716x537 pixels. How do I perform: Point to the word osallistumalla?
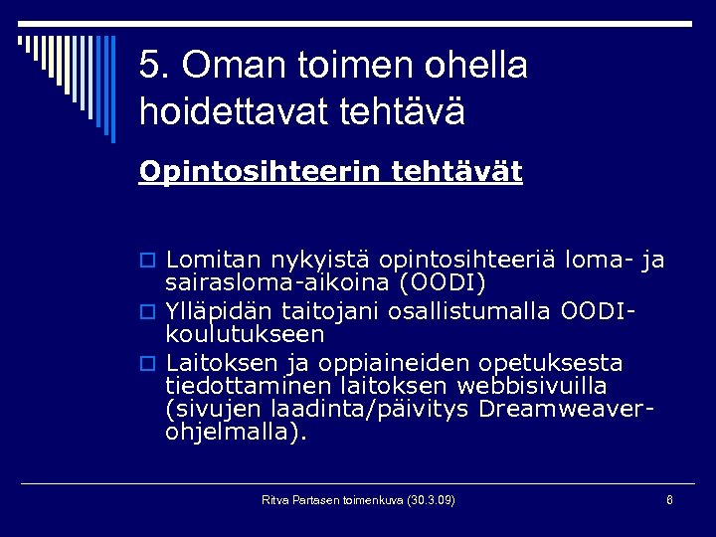(x=485, y=311)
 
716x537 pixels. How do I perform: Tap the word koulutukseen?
(x=246, y=335)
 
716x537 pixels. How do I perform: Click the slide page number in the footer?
(x=669, y=499)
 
